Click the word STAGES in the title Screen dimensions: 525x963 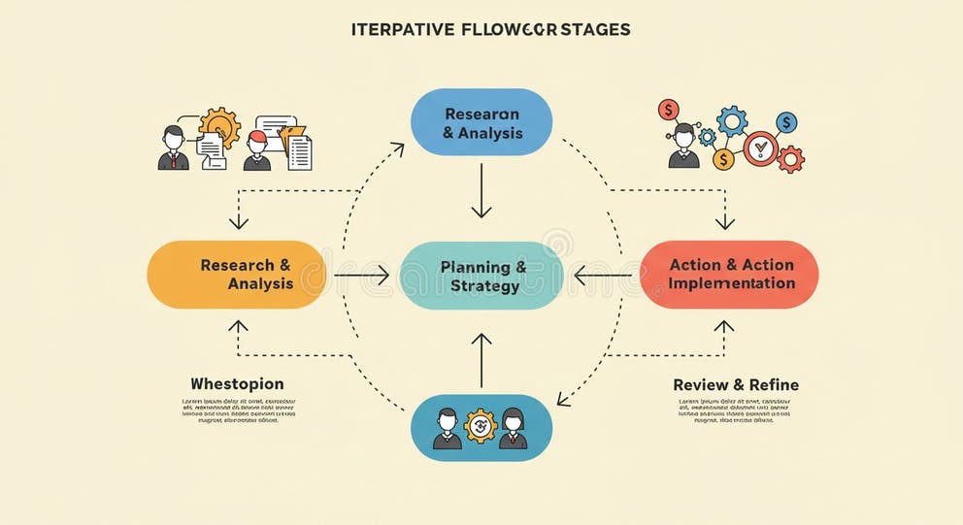pos(593,29)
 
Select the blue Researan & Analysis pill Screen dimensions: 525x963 pos(481,123)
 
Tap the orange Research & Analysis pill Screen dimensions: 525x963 pos(236,275)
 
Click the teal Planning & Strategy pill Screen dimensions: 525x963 pos(481,276)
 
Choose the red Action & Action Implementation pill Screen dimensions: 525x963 pos(730,275)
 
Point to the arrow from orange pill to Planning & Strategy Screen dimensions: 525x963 pos(361,276)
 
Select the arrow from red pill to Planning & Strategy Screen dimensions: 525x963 pos(602,276)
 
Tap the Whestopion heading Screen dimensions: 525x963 pos(237,383)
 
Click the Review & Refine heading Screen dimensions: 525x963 pos(736,384)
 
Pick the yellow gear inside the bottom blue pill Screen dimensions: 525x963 pos(481,426)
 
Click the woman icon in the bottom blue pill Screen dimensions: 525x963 pos(514,428)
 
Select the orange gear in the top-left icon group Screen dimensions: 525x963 pos(219,126)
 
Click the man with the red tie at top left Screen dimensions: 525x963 pos(173,148)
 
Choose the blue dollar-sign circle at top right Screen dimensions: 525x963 pos(786,122)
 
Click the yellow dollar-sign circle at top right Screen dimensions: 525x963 pos(722,158)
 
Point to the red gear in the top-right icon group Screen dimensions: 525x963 pos(790,158)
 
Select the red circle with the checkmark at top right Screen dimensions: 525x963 pos(760,148)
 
